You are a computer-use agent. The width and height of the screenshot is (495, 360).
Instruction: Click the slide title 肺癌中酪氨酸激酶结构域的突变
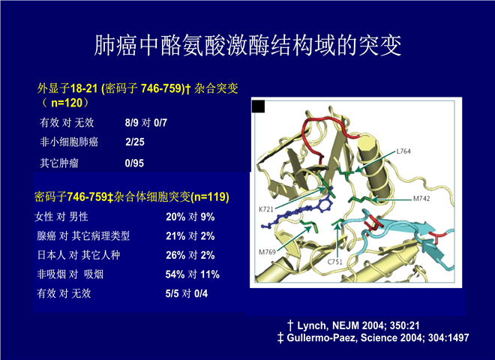(248, 45)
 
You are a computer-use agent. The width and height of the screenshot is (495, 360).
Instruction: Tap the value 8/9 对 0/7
(145, 122)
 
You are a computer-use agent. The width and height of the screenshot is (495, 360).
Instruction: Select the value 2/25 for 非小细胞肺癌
(135, 142)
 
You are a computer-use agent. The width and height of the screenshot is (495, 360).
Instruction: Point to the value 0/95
(134, 163)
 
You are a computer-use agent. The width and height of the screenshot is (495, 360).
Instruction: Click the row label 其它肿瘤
(59, 163)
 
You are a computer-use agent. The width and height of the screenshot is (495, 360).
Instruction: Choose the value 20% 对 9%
(190, 217)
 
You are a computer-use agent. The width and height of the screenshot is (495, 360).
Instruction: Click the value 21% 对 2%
(190, 236)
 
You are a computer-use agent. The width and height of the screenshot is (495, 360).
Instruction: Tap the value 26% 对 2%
(190, 255)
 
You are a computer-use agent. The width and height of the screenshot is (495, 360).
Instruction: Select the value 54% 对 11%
(193, 274)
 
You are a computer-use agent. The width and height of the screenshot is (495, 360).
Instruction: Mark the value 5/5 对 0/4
(187, 294)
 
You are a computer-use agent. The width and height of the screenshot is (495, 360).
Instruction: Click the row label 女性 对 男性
(61, 217)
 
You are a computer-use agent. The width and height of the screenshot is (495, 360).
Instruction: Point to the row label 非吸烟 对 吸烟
(70, 274)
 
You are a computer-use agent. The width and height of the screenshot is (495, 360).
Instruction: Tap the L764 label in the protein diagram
(403, 151)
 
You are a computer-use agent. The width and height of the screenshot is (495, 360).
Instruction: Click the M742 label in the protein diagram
(421, 199)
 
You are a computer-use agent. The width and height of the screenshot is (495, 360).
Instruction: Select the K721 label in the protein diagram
(266, 209)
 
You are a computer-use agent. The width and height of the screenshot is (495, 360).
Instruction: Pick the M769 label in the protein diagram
(268, 252)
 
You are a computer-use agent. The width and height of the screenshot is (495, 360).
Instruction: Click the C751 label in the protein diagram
(334, 262)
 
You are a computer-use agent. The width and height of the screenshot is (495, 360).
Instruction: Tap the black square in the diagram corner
(258, 106)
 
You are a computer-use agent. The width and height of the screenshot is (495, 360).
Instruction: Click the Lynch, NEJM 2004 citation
(353, 325)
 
